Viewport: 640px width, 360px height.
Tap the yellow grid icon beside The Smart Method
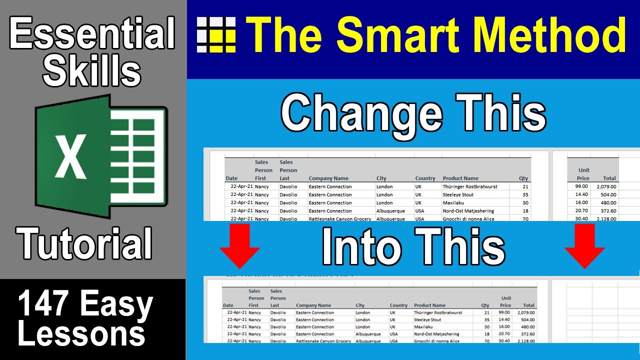216,34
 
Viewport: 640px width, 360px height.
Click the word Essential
92,34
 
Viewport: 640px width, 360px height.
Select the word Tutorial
85,243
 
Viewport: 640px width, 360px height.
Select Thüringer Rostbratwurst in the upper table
470,186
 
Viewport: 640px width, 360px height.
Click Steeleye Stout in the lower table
427,319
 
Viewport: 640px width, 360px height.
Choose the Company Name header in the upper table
328,178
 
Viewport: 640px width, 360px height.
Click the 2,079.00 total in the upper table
606,186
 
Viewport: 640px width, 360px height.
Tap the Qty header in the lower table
485,305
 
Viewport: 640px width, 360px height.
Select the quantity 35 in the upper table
525,194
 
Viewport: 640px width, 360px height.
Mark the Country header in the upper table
425,178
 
